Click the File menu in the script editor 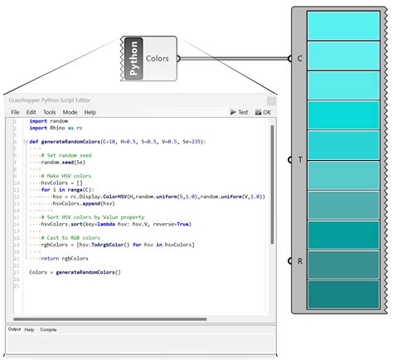tap(15, 112)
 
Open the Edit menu tap(31, 112)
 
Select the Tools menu tap(50, 112)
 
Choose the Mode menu tap(70, 112)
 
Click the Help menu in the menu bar tap(90, 112)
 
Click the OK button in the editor tap(263, 112)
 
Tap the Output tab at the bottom tap(14, 329)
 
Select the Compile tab tap(49, 329)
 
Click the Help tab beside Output tap(30, 329)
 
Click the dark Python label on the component tap(133, 60)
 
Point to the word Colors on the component tap(158, 59)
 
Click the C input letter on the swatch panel tap(299, 59)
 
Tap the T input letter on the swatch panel tap(299, 159)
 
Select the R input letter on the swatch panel tap(299, 260)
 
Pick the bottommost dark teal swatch tap(343, 294)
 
